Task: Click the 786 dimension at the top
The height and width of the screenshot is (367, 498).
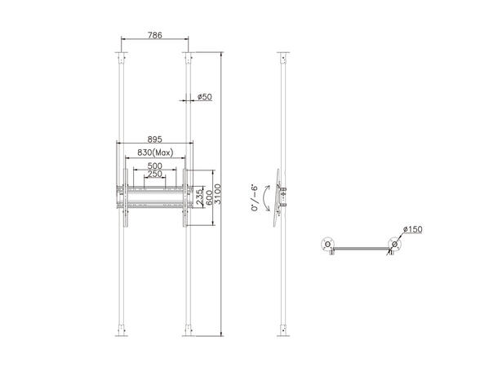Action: point(153,35)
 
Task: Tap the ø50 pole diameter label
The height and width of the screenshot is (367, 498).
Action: point(204,97)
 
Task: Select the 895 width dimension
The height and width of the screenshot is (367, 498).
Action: point(154,138)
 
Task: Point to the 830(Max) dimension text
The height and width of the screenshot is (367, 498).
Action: point(154,153)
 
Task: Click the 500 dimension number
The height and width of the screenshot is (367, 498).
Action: point(154,166)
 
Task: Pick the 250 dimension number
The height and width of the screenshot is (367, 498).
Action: point(154,175)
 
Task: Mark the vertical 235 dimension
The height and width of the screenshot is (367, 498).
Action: point(200,197)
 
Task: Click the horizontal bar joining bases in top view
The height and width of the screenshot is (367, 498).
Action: point(360,249)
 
